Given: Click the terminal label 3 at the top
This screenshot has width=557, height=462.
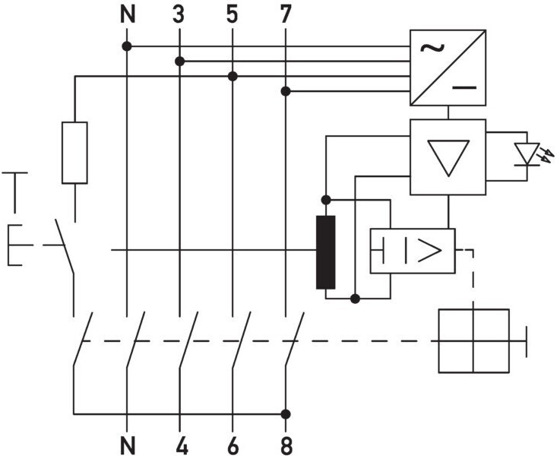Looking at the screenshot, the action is (179, 15).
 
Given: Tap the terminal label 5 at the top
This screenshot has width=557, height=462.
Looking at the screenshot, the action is (232, 15).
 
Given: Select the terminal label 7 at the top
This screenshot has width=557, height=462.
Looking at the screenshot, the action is (285, 15).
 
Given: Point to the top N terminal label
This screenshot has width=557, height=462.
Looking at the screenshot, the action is (128, 15).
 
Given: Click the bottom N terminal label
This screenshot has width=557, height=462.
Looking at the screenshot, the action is (128, 446).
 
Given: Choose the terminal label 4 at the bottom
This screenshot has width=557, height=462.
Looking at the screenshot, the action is (182, 446).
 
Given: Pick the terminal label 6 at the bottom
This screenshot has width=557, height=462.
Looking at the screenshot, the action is (233, 446).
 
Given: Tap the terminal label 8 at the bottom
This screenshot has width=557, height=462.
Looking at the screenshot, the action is (286, 446).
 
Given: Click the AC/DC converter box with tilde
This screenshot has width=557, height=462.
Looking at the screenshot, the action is (448, 68).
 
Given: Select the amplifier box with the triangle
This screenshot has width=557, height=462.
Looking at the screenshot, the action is (448, 157).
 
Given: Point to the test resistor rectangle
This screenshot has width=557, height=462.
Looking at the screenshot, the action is (74, 153).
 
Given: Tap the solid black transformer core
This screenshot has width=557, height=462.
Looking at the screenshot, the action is (325, 252).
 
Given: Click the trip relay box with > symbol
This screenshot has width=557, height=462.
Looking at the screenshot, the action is (413, 251).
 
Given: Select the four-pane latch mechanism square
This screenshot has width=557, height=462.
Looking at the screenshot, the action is (473, 341).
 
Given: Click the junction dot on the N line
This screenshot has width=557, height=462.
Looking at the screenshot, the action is (127, 46).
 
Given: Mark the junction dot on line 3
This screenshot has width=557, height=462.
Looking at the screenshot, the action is (180, 62).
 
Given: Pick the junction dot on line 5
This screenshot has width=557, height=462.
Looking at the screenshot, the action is (233, 76).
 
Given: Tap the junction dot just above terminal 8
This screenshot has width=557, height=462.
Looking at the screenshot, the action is (286, 414).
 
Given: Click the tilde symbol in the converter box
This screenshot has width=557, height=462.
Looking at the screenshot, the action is (432, 48).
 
